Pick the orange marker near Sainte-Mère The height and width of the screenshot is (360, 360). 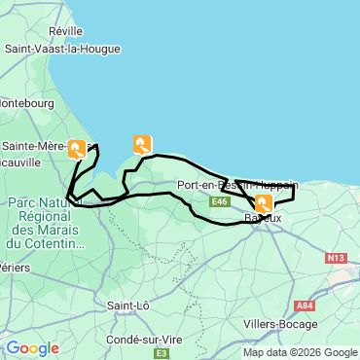77,149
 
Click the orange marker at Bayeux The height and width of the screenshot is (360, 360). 263,203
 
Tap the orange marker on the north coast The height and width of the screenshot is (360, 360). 142,144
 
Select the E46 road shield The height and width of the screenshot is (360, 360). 220,201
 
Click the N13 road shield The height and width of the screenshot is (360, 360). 336,258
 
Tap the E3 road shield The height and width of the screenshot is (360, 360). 162,353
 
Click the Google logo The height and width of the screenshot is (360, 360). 31,348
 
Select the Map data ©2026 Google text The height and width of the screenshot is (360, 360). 300,352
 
